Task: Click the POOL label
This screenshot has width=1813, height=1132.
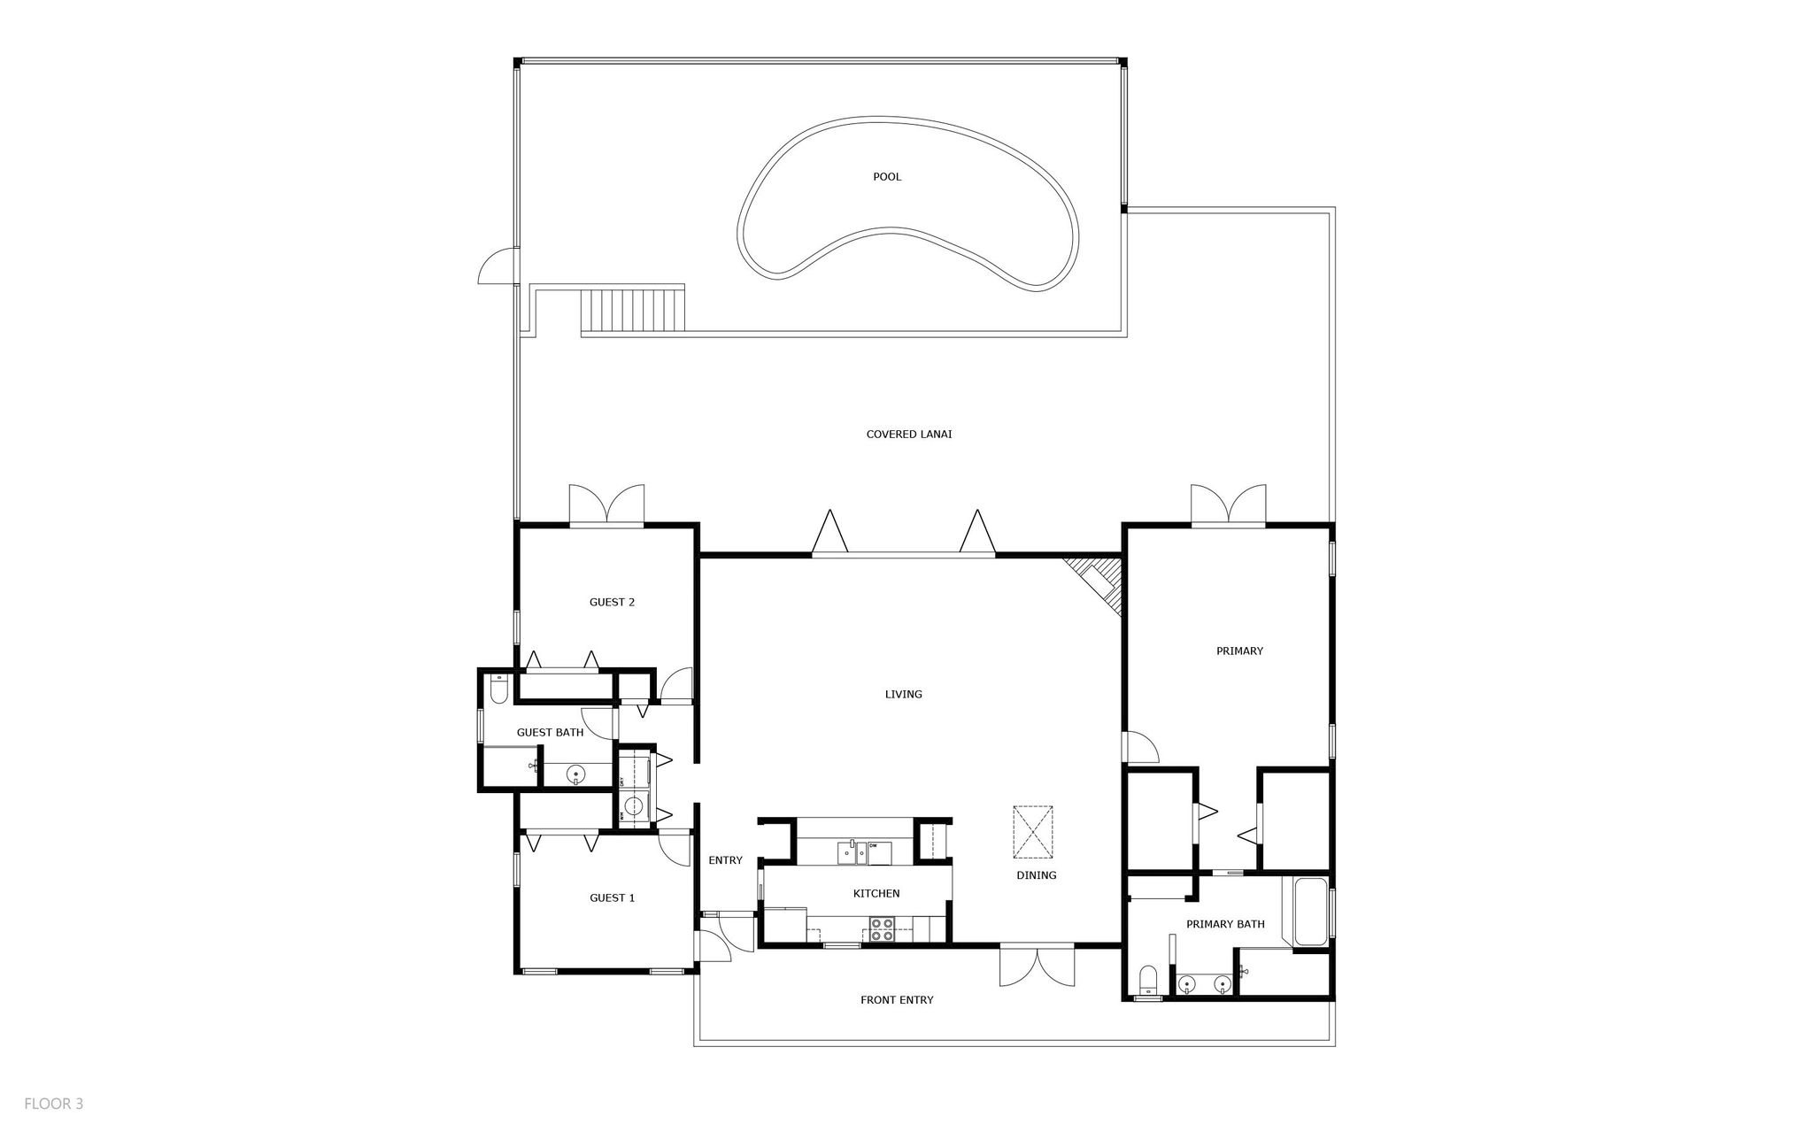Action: (x=887, y=177)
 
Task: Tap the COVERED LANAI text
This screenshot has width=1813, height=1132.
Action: (x=908, y=435)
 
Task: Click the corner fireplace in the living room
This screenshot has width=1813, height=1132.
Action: (x=1099, y=580)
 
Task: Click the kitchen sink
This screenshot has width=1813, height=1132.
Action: (x=851, y=853)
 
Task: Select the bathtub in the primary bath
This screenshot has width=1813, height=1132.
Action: (x=1310, y=912)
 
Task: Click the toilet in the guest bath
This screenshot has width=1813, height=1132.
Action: (x=498, y=688)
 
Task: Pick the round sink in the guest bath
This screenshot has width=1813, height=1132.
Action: (x=576, y=775)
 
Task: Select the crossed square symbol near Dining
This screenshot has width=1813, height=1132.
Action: (x=1033, y=832)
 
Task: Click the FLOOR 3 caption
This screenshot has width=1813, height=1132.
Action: (x=53, y=1104)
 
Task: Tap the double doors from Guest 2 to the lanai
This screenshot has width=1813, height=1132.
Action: (x=606, y=506)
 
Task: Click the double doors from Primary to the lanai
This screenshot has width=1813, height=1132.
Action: (x=1228, y=506)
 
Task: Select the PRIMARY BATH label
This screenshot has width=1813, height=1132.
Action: (x=1225, y=924)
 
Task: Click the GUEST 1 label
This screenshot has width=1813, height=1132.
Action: (x=612, y=897)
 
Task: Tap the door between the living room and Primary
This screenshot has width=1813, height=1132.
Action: (x=1141, y=748)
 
